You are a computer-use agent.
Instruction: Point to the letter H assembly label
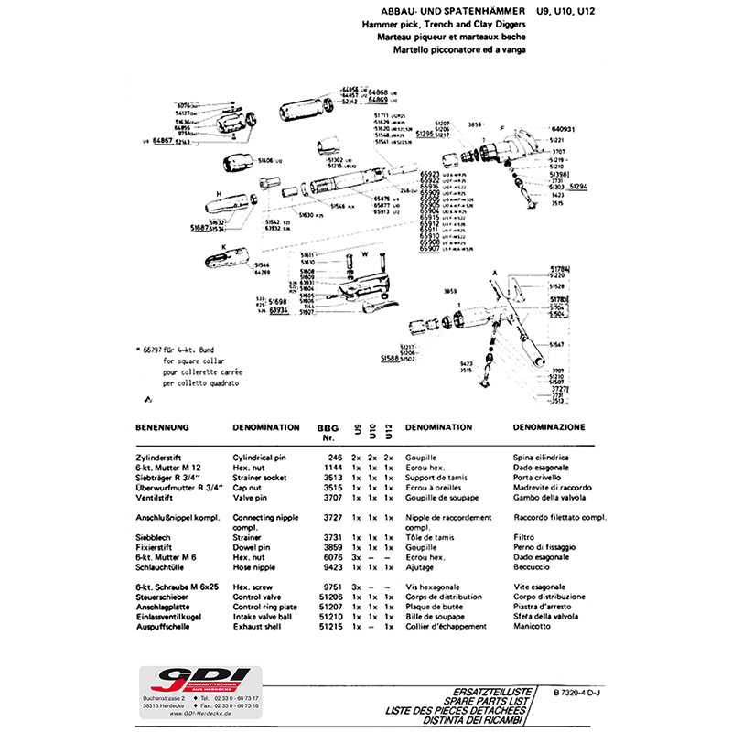coord(220,193)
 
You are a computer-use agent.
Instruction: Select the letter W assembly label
coord(364,253)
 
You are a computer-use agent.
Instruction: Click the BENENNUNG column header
coord(162,427)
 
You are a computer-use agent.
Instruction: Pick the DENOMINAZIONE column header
coord(548,427)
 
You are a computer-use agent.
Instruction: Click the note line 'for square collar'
coord(175,361)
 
